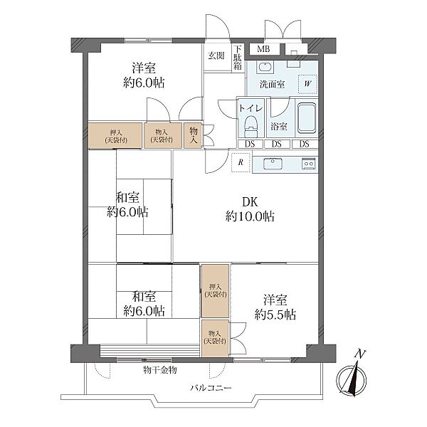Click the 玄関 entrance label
(x=216, y=56)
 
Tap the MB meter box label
(x=263, y=49)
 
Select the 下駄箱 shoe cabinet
(x=238, y=58)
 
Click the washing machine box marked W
(x=308, y=84)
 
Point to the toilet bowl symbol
(x=251, y=126)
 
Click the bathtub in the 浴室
(x=307, y=118)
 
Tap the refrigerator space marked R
(x=241, y=162)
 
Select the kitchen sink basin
(x=273, y=164)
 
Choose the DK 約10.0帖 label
(x=250, y=209)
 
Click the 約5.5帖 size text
(x=275, y=315)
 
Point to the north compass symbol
(x=352, y=377)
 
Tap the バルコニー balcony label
(x=211, y=388)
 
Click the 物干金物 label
(x=160, y=370)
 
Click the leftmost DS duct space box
(x=250, y=144)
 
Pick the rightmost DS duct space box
(x=305, y=144)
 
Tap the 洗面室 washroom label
(x=272, y=84)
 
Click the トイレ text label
(x=251, y=109)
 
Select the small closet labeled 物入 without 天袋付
(x=193, y=136)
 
